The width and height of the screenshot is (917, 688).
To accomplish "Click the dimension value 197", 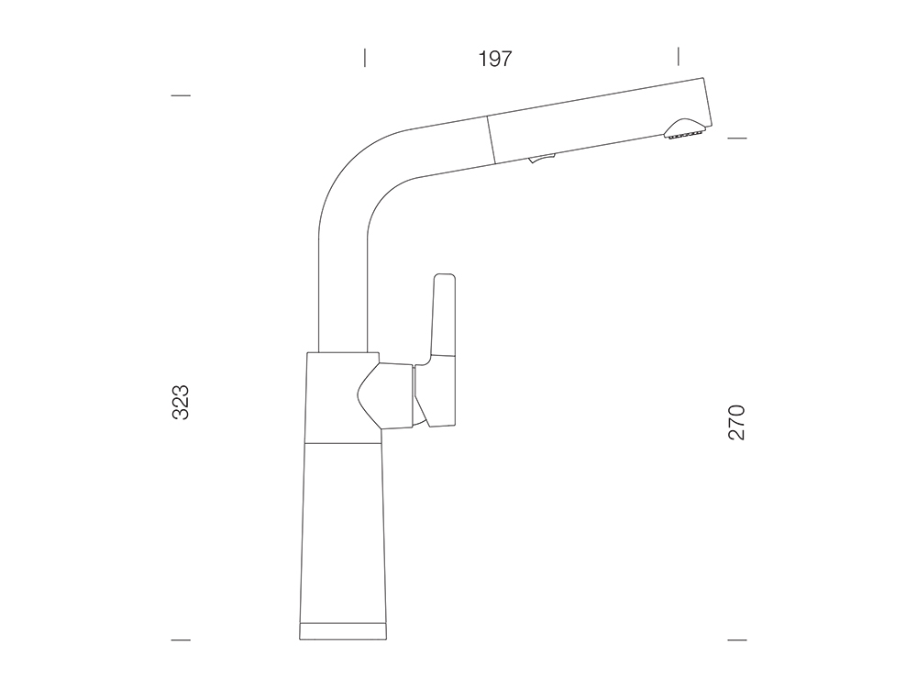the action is [x=495, y=59].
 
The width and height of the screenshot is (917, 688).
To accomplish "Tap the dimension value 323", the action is [x=181, y=402].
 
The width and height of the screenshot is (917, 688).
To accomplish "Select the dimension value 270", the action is [x=737, y=422].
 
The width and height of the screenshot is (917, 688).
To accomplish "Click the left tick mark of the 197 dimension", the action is [x=365, y=57].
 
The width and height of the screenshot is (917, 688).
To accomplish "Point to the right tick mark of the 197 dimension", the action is [x=679, y=56].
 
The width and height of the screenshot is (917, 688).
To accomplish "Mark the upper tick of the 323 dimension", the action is [x=181, y=95].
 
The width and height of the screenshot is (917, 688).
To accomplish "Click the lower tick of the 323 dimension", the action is [x=181, y=640].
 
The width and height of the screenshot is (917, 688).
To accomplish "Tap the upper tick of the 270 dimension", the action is [x=737, y=139].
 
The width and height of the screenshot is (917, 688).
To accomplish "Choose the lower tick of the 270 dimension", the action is [x=737, y=640].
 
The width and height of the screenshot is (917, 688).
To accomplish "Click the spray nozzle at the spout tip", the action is [x=684, y=130].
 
